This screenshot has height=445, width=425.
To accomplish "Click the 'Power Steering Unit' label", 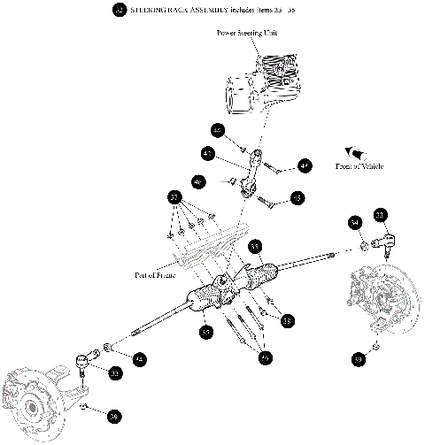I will (247, 33).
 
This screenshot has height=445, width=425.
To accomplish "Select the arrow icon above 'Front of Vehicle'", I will (356, 151).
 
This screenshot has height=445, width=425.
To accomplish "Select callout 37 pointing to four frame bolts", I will (175, 196).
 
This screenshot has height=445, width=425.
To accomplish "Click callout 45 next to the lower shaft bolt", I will (297, 198).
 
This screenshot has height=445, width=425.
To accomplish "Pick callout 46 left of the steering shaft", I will (198, 181).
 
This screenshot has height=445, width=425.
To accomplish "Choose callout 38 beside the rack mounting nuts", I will (288, 322).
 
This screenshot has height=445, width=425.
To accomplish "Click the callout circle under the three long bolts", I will (265, 358).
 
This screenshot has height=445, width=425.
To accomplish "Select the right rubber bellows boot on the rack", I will (265, 273).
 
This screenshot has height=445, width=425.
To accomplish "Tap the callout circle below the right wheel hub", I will (358, 360).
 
